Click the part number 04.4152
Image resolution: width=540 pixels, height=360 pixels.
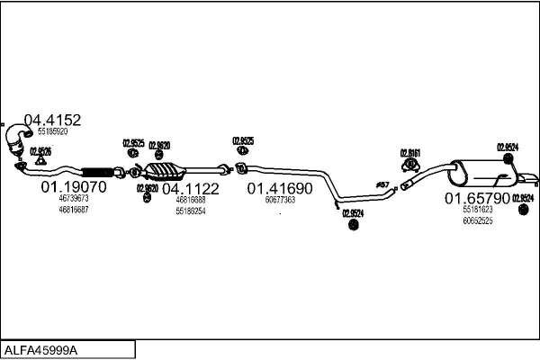point(52,120)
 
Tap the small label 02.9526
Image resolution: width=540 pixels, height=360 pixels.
point(40,151)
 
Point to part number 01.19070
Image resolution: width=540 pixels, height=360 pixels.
point(74,187)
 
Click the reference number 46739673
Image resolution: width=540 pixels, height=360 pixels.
point(73,198)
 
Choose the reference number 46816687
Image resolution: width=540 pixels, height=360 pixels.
point(73,209)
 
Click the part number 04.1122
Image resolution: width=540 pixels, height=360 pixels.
point(190,188)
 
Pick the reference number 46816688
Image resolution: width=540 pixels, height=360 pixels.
point(191,200)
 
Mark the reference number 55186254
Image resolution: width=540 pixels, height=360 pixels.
point(191,211)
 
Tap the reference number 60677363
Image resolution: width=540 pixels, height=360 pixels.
point(280,200)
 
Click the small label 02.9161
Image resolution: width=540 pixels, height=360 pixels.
point(409,151)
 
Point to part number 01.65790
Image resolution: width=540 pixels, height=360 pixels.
point(477,197)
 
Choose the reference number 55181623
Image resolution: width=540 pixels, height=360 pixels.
point(478,209)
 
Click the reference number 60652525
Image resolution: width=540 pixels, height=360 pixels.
point(478,220)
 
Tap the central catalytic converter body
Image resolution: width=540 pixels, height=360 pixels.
point(166,171)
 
